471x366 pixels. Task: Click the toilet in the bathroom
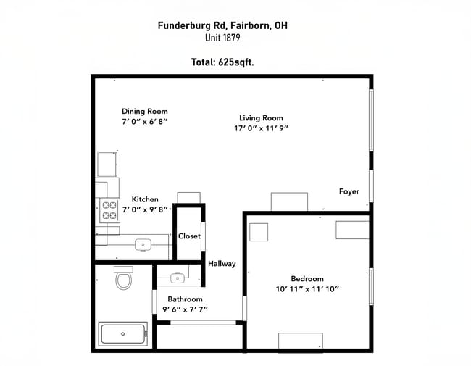point(123,278)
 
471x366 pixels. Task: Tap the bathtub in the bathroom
point(123,333)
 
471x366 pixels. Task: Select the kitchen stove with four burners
point(109,210)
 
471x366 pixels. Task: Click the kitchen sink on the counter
point(143,245)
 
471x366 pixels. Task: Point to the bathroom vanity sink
point(178,278)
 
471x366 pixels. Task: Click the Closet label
point(189,236)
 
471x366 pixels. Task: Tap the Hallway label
point(222,264)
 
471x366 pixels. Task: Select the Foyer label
point(349,191)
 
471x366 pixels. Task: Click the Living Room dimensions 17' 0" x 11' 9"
point(261,128)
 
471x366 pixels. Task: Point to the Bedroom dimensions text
point(307,289)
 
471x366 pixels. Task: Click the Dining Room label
point(145,111)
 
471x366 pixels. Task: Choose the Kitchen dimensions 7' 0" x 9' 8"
point(145,209)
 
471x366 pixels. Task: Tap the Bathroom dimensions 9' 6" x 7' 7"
point(185,309)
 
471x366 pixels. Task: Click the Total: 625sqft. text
point(222,62)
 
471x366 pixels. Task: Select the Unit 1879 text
point(222,38)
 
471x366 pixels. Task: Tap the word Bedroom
point(307,278)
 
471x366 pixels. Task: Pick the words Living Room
point(261,118)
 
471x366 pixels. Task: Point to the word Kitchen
point(145,199)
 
